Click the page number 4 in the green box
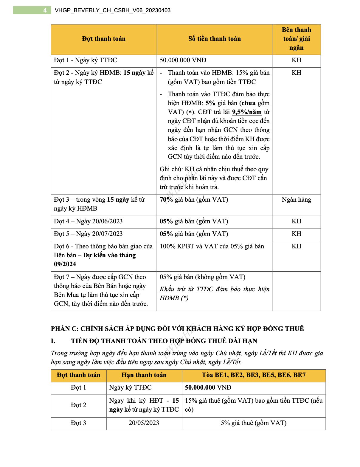click(45, 10)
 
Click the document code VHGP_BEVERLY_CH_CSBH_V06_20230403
click(113, 10)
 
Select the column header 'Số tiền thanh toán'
click(214, 39)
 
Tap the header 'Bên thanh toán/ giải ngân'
click(296, 39)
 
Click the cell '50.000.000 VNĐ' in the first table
click(183, 60)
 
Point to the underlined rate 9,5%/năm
click(247, 112)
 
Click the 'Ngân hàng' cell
click(296, 200)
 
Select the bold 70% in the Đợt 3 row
click(166, 200)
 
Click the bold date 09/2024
click(65, 264)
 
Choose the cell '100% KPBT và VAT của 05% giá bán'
click(212, 246)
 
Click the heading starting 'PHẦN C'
click(177, 329)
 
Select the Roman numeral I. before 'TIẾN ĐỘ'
click(53, 341)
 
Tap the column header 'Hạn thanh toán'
click(144, 375)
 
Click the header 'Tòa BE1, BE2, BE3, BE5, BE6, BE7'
click(254, 375)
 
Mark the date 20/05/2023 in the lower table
click(144, 423)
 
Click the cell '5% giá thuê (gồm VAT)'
click(254, 423)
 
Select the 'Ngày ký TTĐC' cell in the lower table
click(130, 387)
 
